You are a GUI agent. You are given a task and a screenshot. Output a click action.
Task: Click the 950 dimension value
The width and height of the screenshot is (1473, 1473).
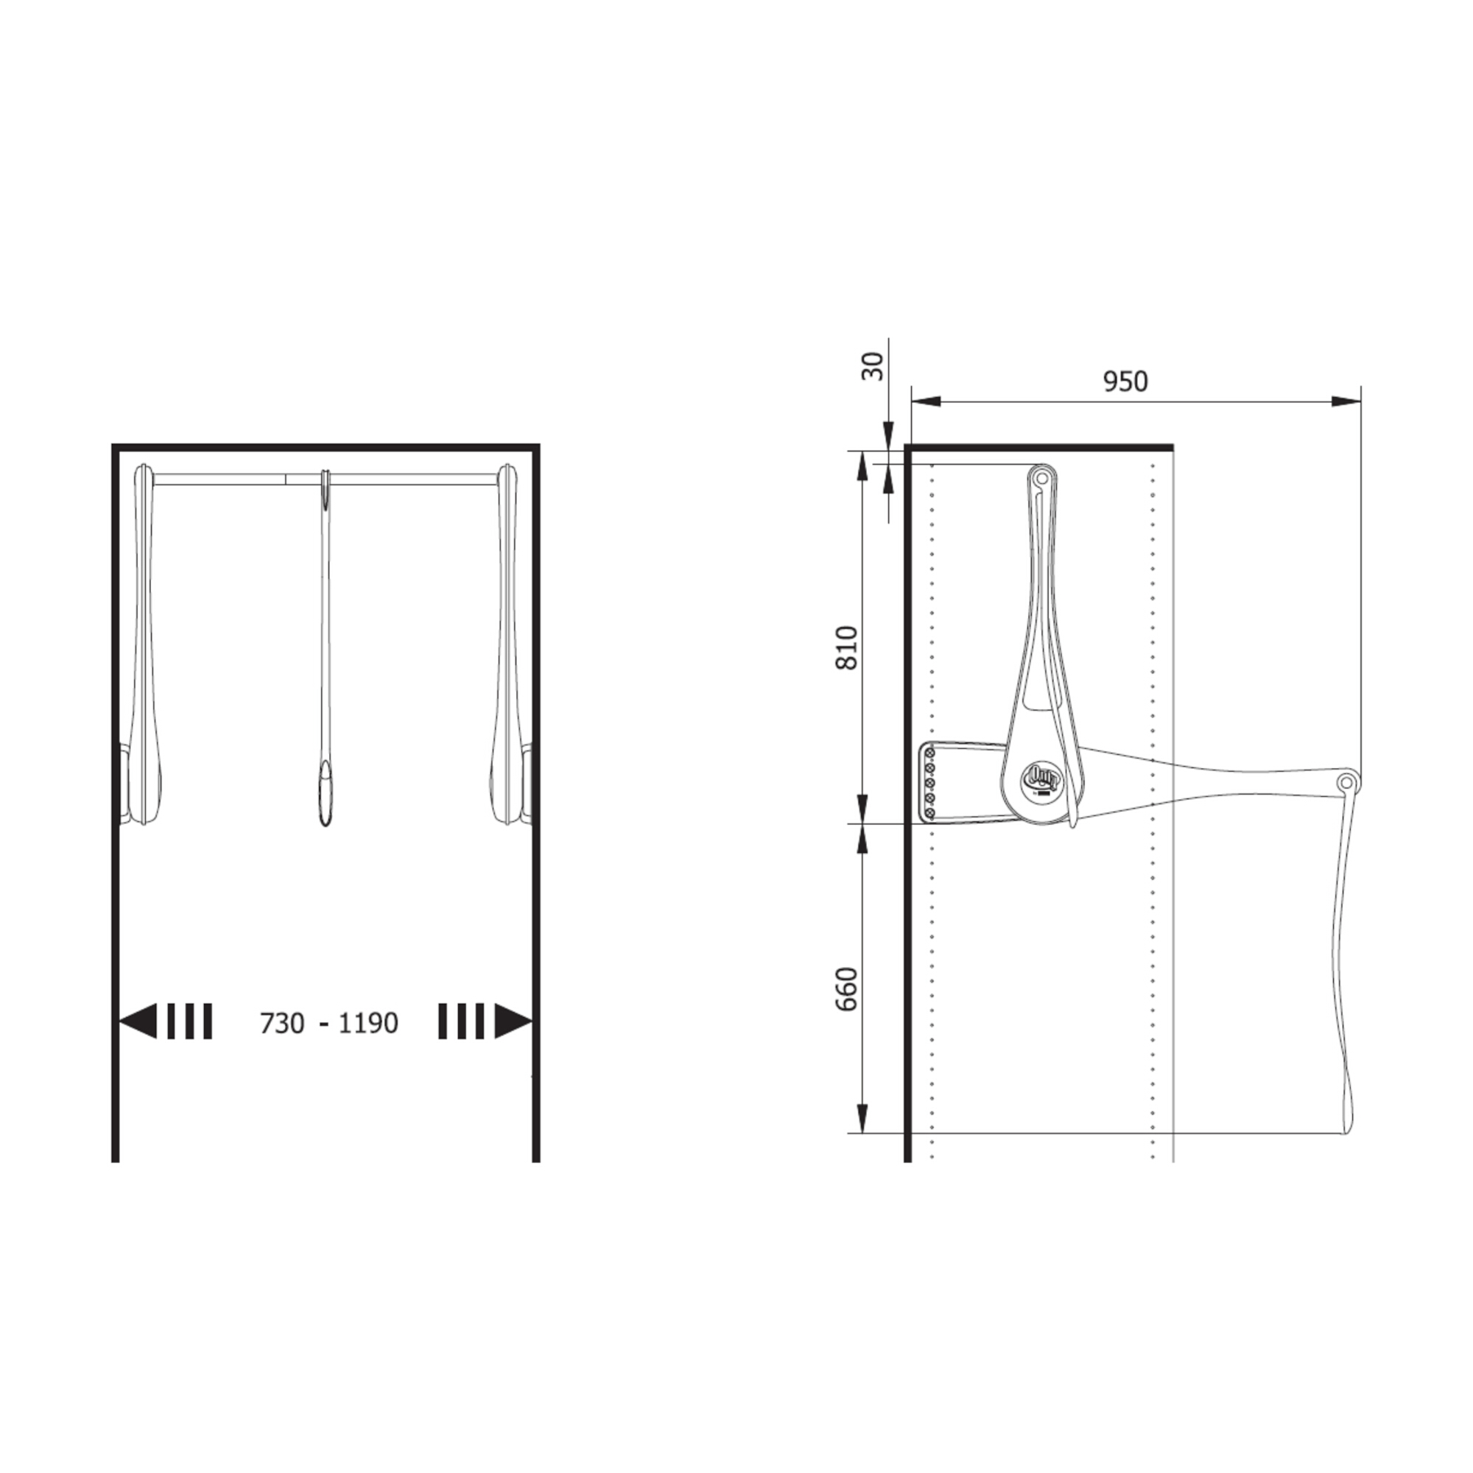tap(1125, 382)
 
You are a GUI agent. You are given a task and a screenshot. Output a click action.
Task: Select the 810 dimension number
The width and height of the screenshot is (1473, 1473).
tap(847, 647)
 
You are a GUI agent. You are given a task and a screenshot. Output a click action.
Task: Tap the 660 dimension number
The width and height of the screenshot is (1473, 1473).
tap(847, 990)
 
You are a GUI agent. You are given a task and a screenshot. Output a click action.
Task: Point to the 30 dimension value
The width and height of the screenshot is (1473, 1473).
tap(872, 366)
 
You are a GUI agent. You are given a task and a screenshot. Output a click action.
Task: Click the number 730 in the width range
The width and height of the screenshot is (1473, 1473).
tap(282, 1023)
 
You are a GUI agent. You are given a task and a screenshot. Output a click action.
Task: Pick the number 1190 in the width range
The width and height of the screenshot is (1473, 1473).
tap(368, 1023)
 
